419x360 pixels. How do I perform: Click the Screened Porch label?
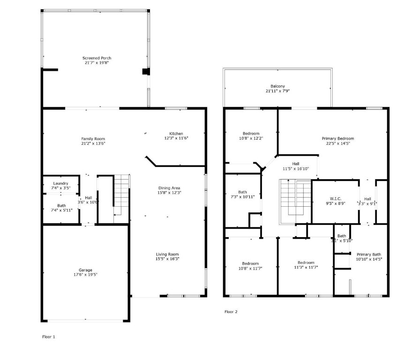point(97,58)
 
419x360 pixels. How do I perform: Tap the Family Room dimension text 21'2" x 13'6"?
point(93,143)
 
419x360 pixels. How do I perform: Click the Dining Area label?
point(169,187)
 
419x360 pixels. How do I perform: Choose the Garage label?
point(85,270)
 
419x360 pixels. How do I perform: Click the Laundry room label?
point(60,183)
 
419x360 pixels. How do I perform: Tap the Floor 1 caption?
point(49,337)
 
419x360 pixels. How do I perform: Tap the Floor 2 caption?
point(231,312)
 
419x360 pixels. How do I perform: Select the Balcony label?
point(277,86)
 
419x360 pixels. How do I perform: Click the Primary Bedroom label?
point(337,139)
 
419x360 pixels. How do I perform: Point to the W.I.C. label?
point(335,199)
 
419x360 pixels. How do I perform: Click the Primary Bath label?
point(368,254)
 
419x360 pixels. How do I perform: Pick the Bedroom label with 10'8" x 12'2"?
point(251,133)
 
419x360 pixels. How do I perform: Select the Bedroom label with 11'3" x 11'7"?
point(306,262)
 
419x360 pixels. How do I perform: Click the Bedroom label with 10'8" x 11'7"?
point(251,263)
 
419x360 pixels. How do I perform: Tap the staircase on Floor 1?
point(121,195)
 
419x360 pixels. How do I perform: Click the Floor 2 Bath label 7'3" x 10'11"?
point(242,192)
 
